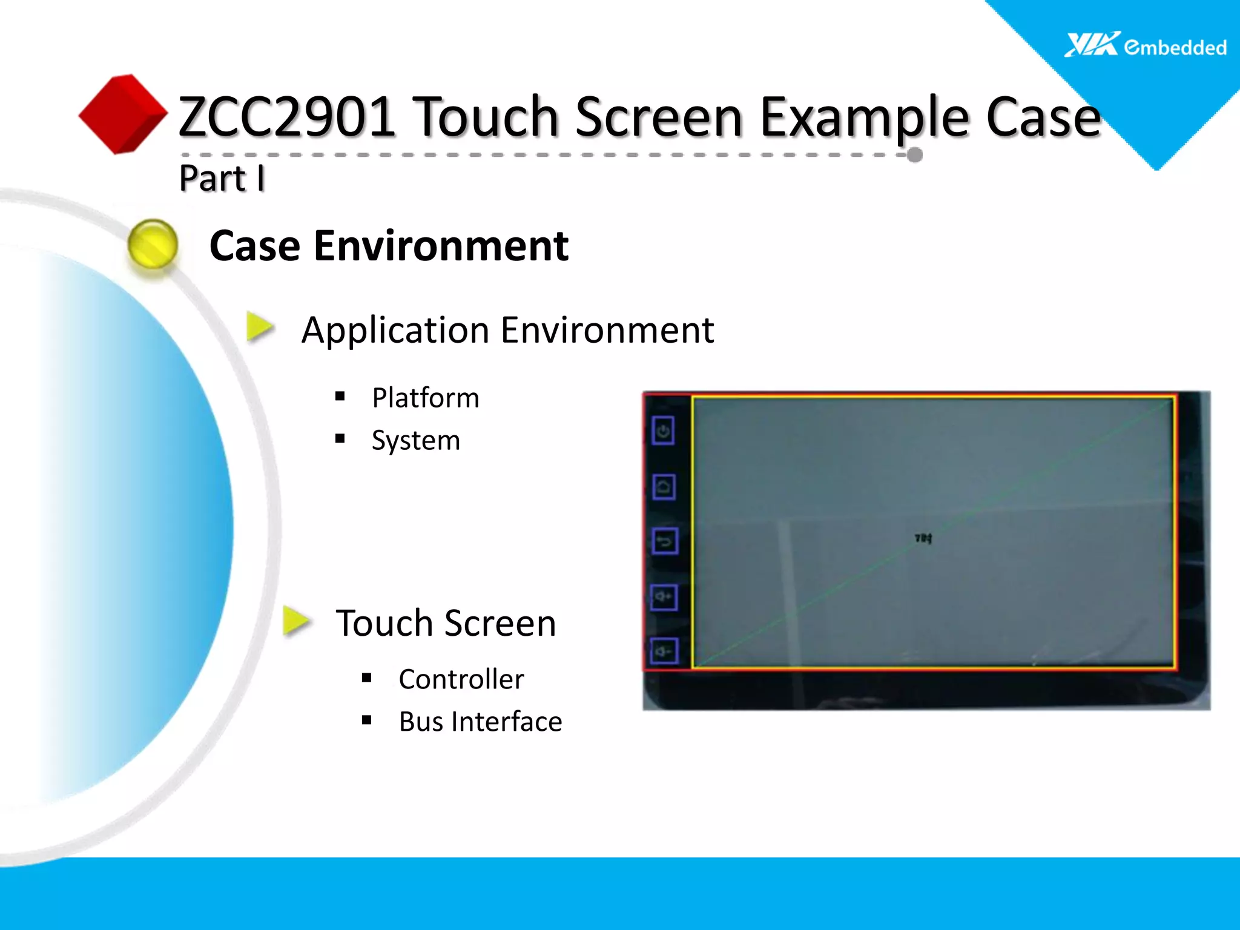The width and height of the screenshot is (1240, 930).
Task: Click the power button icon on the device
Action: (x=664, y=431)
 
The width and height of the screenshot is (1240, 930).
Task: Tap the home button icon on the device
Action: (x=664, y=487)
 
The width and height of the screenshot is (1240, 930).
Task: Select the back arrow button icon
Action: (x=665, y=541)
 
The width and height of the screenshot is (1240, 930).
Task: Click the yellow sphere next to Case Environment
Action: (x=153, y=244)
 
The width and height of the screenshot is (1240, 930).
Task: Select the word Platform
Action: (x=425, y=398)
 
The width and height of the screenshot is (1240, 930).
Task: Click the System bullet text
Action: (x=415, y=440)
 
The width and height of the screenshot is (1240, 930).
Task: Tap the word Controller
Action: (x=461, y=679)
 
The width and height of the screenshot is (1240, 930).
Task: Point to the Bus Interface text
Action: (x=480, y=722)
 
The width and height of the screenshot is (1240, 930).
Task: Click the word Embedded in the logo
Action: (x=1175, y=47)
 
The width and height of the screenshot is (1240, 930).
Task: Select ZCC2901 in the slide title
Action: (x=287, y=116)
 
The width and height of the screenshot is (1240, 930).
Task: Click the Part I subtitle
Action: (x=222, y=178)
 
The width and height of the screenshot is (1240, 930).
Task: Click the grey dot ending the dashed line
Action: (x=915, y=155)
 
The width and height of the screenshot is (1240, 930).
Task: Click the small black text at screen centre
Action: (x=923, y=538)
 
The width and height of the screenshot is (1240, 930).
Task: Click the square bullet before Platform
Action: (x=340, y=397)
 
